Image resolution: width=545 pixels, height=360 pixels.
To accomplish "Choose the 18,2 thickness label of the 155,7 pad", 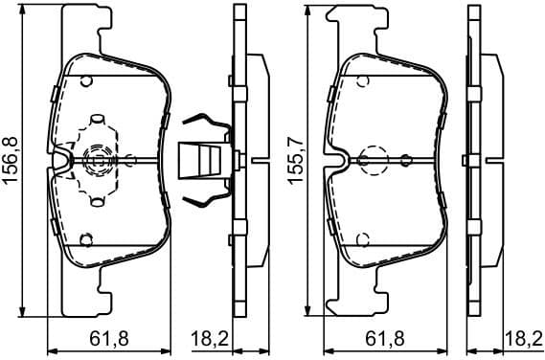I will (521, 337).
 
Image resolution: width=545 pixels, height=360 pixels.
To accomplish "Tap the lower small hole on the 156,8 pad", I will (85, 238).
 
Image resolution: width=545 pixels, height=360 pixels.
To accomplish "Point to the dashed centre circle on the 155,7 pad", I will (371, 159).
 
